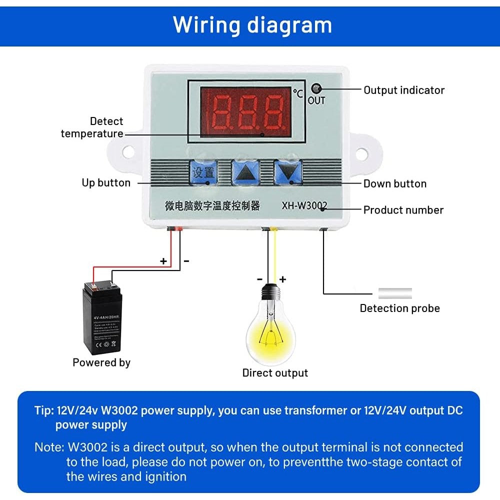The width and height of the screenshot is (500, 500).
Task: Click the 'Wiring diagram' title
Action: (252, 24)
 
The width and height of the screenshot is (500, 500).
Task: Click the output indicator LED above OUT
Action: (316, 89)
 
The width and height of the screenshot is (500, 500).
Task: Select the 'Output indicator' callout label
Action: (403, 90)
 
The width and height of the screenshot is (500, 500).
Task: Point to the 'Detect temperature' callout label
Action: (92, 127)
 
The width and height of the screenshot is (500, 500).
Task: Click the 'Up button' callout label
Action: (106, 183)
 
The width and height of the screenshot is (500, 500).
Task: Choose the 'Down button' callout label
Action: (394, 183)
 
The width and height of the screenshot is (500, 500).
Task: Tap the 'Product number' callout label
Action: (403, 210)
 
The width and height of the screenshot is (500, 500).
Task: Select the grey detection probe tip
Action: (395, 293)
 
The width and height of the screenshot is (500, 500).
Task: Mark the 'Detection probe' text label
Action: (399, 308)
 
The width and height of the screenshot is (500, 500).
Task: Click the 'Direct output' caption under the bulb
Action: (275, 373)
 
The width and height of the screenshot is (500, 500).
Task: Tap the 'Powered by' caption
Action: (101, 362)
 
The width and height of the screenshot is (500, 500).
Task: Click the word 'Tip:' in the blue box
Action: (44, 410)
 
